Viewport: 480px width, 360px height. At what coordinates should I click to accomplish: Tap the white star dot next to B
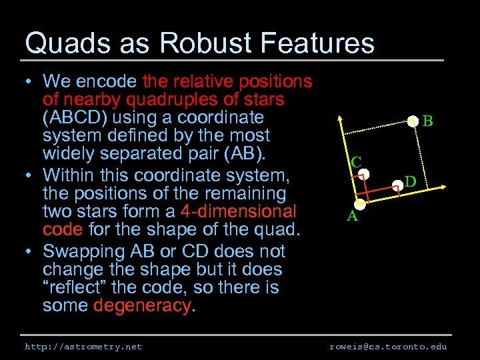[414, 121]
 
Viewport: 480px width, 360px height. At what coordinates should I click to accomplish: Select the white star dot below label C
[363, 175]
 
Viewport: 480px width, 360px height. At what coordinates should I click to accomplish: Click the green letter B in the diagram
[428, 121]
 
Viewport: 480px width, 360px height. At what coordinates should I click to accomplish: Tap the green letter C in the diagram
[356, 162]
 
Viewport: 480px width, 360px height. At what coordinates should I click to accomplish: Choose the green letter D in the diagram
[411, 181]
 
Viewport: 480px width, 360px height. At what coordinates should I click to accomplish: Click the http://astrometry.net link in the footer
[83, 347]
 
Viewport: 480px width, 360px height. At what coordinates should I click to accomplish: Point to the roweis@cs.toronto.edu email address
[388, 347]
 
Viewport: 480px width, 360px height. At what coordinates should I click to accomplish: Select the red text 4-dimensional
[238, 212]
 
